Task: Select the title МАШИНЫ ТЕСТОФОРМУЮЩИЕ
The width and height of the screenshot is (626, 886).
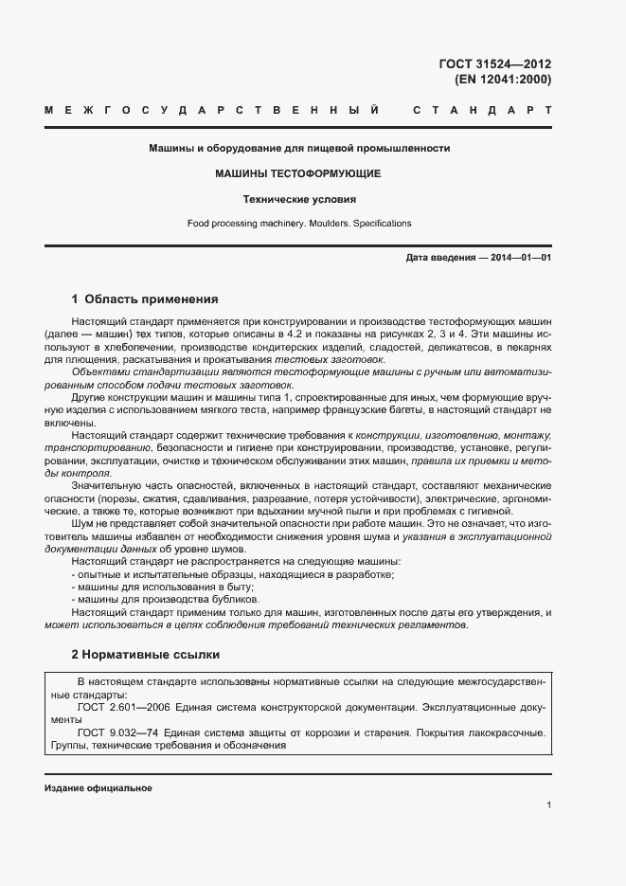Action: click(297, 174)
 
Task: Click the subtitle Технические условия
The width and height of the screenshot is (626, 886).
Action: click(298, 200)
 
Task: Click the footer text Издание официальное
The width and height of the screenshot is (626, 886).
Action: click(98, 788)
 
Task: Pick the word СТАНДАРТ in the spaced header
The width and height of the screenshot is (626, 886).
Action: click(481, 112)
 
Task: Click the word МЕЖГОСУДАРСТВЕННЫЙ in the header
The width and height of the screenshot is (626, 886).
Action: click(212, 112)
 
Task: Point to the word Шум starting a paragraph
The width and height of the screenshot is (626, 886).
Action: click(82, 523)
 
